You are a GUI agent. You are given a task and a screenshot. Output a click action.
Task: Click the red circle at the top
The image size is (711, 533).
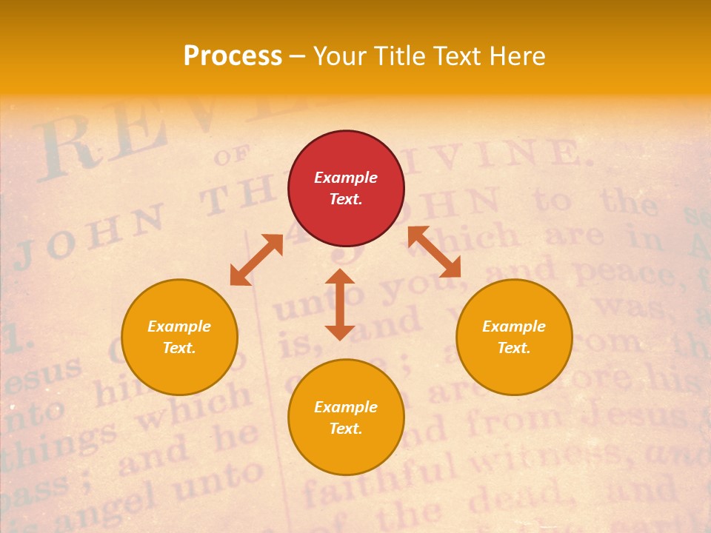346,188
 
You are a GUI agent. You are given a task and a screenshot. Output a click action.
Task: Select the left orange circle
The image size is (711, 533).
179,337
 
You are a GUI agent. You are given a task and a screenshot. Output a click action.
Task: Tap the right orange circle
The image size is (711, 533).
514,337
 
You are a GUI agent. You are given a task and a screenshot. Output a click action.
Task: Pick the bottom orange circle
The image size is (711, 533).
346,418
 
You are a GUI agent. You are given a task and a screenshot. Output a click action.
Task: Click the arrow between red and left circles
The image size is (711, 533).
256,260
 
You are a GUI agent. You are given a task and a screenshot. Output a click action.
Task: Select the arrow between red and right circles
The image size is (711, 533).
435,252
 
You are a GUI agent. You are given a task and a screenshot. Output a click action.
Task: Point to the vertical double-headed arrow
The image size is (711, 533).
340,304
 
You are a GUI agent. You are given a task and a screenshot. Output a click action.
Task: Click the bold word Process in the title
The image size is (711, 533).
233,56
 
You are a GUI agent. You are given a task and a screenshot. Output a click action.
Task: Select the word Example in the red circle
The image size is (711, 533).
346,178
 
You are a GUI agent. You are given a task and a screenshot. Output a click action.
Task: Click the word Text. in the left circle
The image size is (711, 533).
179,348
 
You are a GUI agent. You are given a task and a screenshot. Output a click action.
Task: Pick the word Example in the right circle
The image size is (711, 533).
514,326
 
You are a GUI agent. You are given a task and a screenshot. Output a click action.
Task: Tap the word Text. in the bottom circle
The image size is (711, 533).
346,429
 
